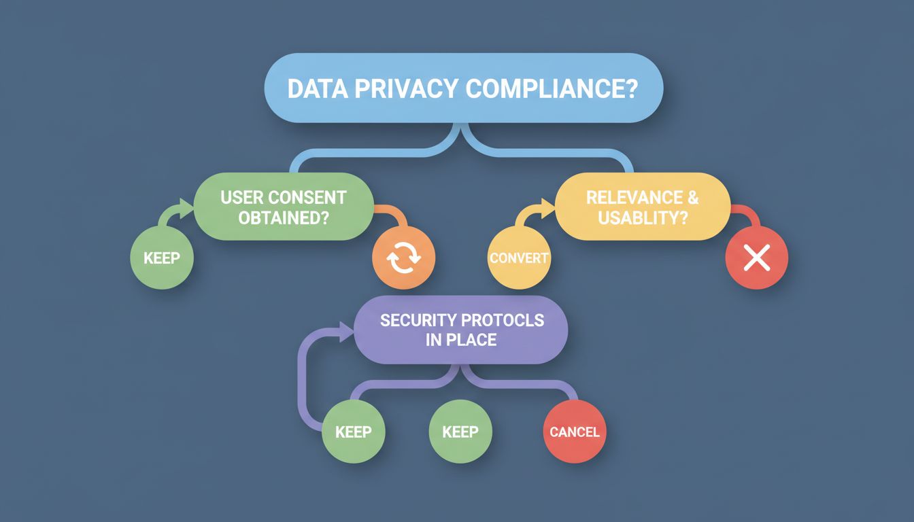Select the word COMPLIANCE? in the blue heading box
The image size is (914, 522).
pyautogui.click(x=552, y=88)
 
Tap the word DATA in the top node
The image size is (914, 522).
pyautogui.click(x=318, y=88)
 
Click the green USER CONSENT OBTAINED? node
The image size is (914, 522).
pyautogui.click(x=284, y=207)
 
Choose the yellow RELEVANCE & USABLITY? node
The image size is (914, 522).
pyautogui.click(x=643, y=207)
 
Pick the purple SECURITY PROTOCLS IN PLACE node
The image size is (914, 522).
pyautogui.click(x=460, y=330)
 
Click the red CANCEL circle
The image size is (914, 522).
pyautogui.click(x=575, y=432)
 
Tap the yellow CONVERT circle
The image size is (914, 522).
pyautogui.click(x=519, y=258)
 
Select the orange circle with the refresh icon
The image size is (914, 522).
pyautogui.click(x=403, y=258)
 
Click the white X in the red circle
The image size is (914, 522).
pyautogui.click(x=757, y=258)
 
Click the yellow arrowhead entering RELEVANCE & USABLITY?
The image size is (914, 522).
pyautogui.click(x=547, y=207)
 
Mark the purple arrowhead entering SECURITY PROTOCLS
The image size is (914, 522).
pyautogui.click(x=347, y=331)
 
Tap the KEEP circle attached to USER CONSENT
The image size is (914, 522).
pyautogui.click(x=162, y=258)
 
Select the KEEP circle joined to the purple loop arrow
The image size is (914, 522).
pyautogui.click(x=354, y=432)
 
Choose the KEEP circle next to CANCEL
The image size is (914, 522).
pyautogui.click(x=460, y=432)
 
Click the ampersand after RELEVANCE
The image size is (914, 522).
pyautogui.click(x=693, y=197)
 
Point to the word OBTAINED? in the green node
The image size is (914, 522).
pyautogui.click(x=284, y=217)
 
